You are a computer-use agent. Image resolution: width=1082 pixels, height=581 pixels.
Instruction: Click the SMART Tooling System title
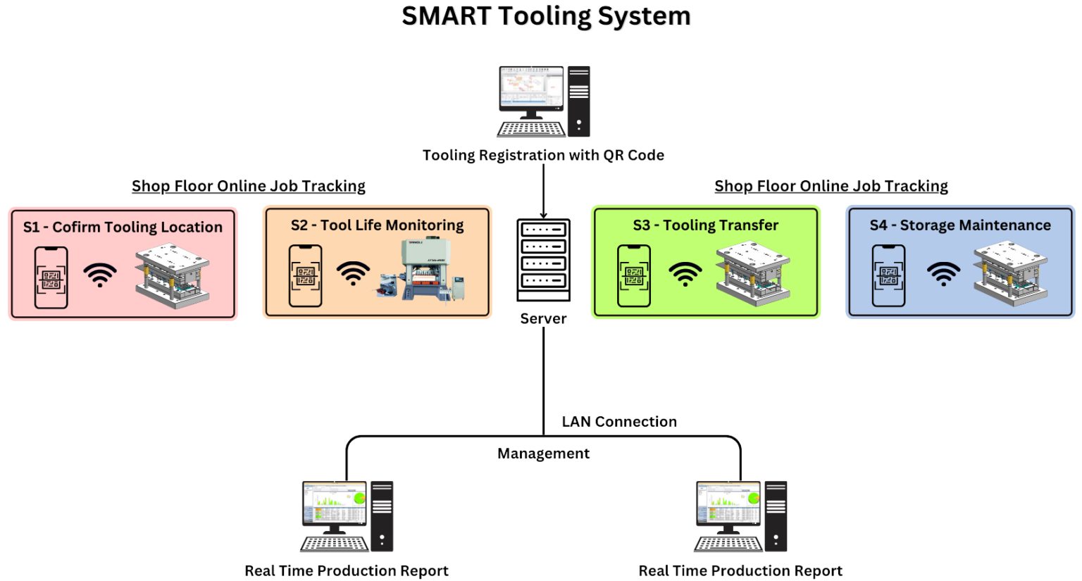[546, 16]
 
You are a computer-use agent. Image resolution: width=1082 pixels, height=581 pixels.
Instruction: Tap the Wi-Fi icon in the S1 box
[100, 275]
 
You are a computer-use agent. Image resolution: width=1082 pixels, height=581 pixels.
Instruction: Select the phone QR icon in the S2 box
[306, 275]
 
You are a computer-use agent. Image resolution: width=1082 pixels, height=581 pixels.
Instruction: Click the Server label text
[543, 318]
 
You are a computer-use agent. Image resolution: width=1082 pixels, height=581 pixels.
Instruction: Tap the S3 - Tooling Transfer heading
[705, 225]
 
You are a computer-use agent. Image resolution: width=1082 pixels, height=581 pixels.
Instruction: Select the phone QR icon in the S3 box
[634, 275]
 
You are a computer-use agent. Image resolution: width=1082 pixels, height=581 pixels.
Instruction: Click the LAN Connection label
[619, 422]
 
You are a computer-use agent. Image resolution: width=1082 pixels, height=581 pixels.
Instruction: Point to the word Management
[543, 454]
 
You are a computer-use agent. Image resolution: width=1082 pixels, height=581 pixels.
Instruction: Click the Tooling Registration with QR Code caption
[543, 155]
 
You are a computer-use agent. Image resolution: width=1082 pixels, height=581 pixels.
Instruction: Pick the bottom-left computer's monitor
[335, 504]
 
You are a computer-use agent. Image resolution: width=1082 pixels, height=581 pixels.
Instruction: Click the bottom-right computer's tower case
[776, 516]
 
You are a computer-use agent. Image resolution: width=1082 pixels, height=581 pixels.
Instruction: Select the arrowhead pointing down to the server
[544, 214]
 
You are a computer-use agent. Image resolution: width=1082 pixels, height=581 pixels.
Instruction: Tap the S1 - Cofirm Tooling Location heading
[123, 227]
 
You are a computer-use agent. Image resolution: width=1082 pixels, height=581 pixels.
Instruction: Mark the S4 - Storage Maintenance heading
[959, 225]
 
